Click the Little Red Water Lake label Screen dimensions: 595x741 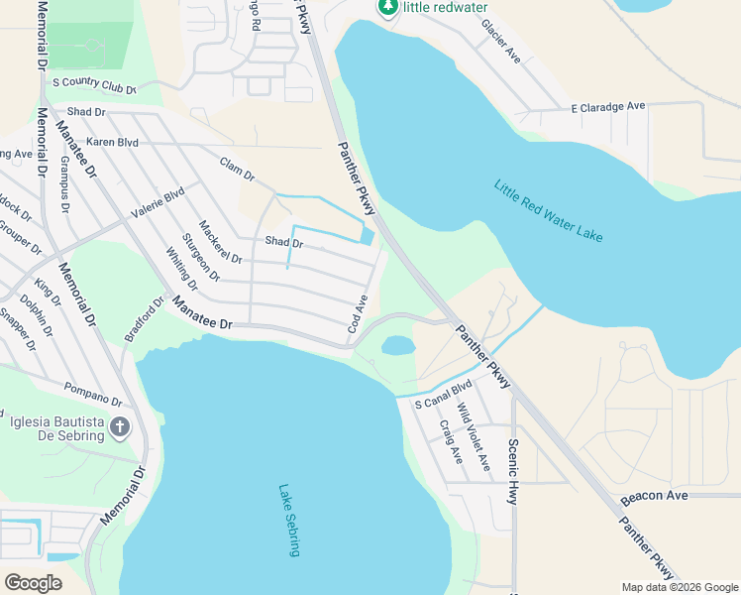point(548,210)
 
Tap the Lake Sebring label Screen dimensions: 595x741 point(289,520)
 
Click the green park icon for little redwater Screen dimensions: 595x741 point(387,8)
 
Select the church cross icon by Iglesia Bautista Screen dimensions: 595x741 point(119,428)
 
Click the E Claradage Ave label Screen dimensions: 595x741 point(608,106)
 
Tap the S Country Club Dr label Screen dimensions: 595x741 point(93,85)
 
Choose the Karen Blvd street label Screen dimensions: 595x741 point(112,142)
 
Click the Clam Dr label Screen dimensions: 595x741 point(238,170)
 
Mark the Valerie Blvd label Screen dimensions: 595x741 point(158,203)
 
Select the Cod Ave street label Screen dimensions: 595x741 point(358,312)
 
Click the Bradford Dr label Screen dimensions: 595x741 point(143,319)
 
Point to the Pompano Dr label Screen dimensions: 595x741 point(92,395)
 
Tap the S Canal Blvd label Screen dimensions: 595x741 point(445,394)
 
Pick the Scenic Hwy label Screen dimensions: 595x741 point(512,471)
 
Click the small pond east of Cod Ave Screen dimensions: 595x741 point(397,345)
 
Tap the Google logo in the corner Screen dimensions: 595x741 point(33,582)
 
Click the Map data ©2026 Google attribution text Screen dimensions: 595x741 point(679,587)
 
